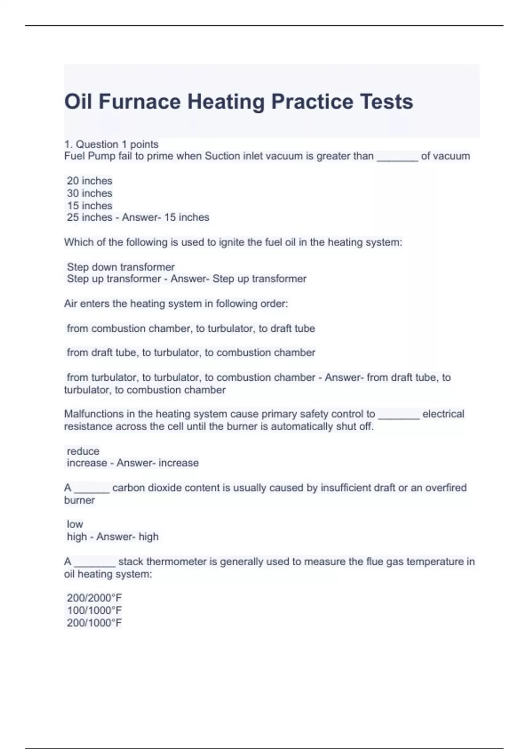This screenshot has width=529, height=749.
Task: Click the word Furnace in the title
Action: pos(140,102)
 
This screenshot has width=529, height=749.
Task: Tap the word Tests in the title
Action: pos(386,102)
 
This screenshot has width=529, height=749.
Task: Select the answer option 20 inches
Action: pos(89,181)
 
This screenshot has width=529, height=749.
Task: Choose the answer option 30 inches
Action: pos(89,193)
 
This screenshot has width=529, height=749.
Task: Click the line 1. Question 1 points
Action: pos(111,144)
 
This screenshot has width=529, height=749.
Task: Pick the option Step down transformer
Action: pos(121,267)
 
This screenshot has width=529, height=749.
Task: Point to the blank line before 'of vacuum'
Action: pos(397,157)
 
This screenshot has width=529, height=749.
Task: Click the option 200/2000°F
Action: pos(94,598)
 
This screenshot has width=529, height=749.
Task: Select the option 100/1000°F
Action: pos(94,610)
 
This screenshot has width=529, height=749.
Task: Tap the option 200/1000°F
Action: pos(94,623)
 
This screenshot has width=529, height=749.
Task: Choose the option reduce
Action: pos(83,451)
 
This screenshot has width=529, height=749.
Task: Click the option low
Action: pos(75,524)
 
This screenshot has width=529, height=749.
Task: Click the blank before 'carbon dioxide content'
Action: pos(92,489)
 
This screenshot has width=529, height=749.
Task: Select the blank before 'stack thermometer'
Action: pos(95,563)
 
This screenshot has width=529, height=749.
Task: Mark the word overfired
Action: pos(445,488)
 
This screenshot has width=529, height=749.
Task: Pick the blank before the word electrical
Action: pos(399,415)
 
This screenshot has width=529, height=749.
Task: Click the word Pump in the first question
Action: pos(101,156)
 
